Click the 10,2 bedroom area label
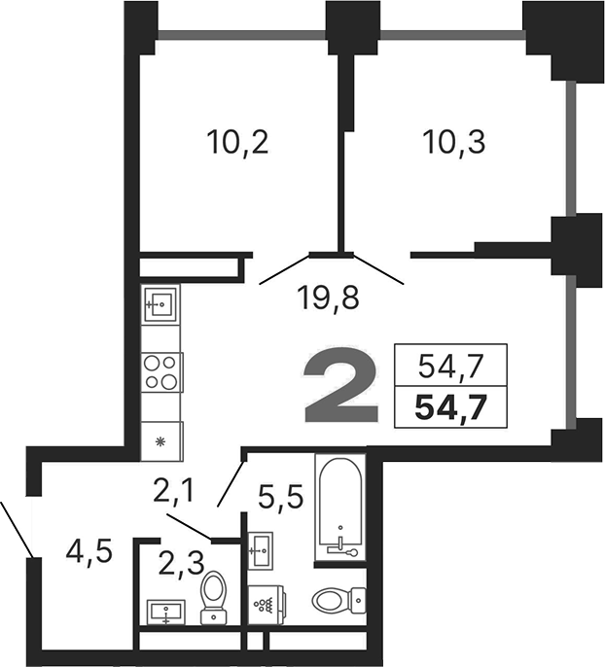(236, 143)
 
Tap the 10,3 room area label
(453, 143)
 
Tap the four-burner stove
(161, 371)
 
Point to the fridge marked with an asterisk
(160, 441)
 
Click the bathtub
(339, 509)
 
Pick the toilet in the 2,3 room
(212, 594)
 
